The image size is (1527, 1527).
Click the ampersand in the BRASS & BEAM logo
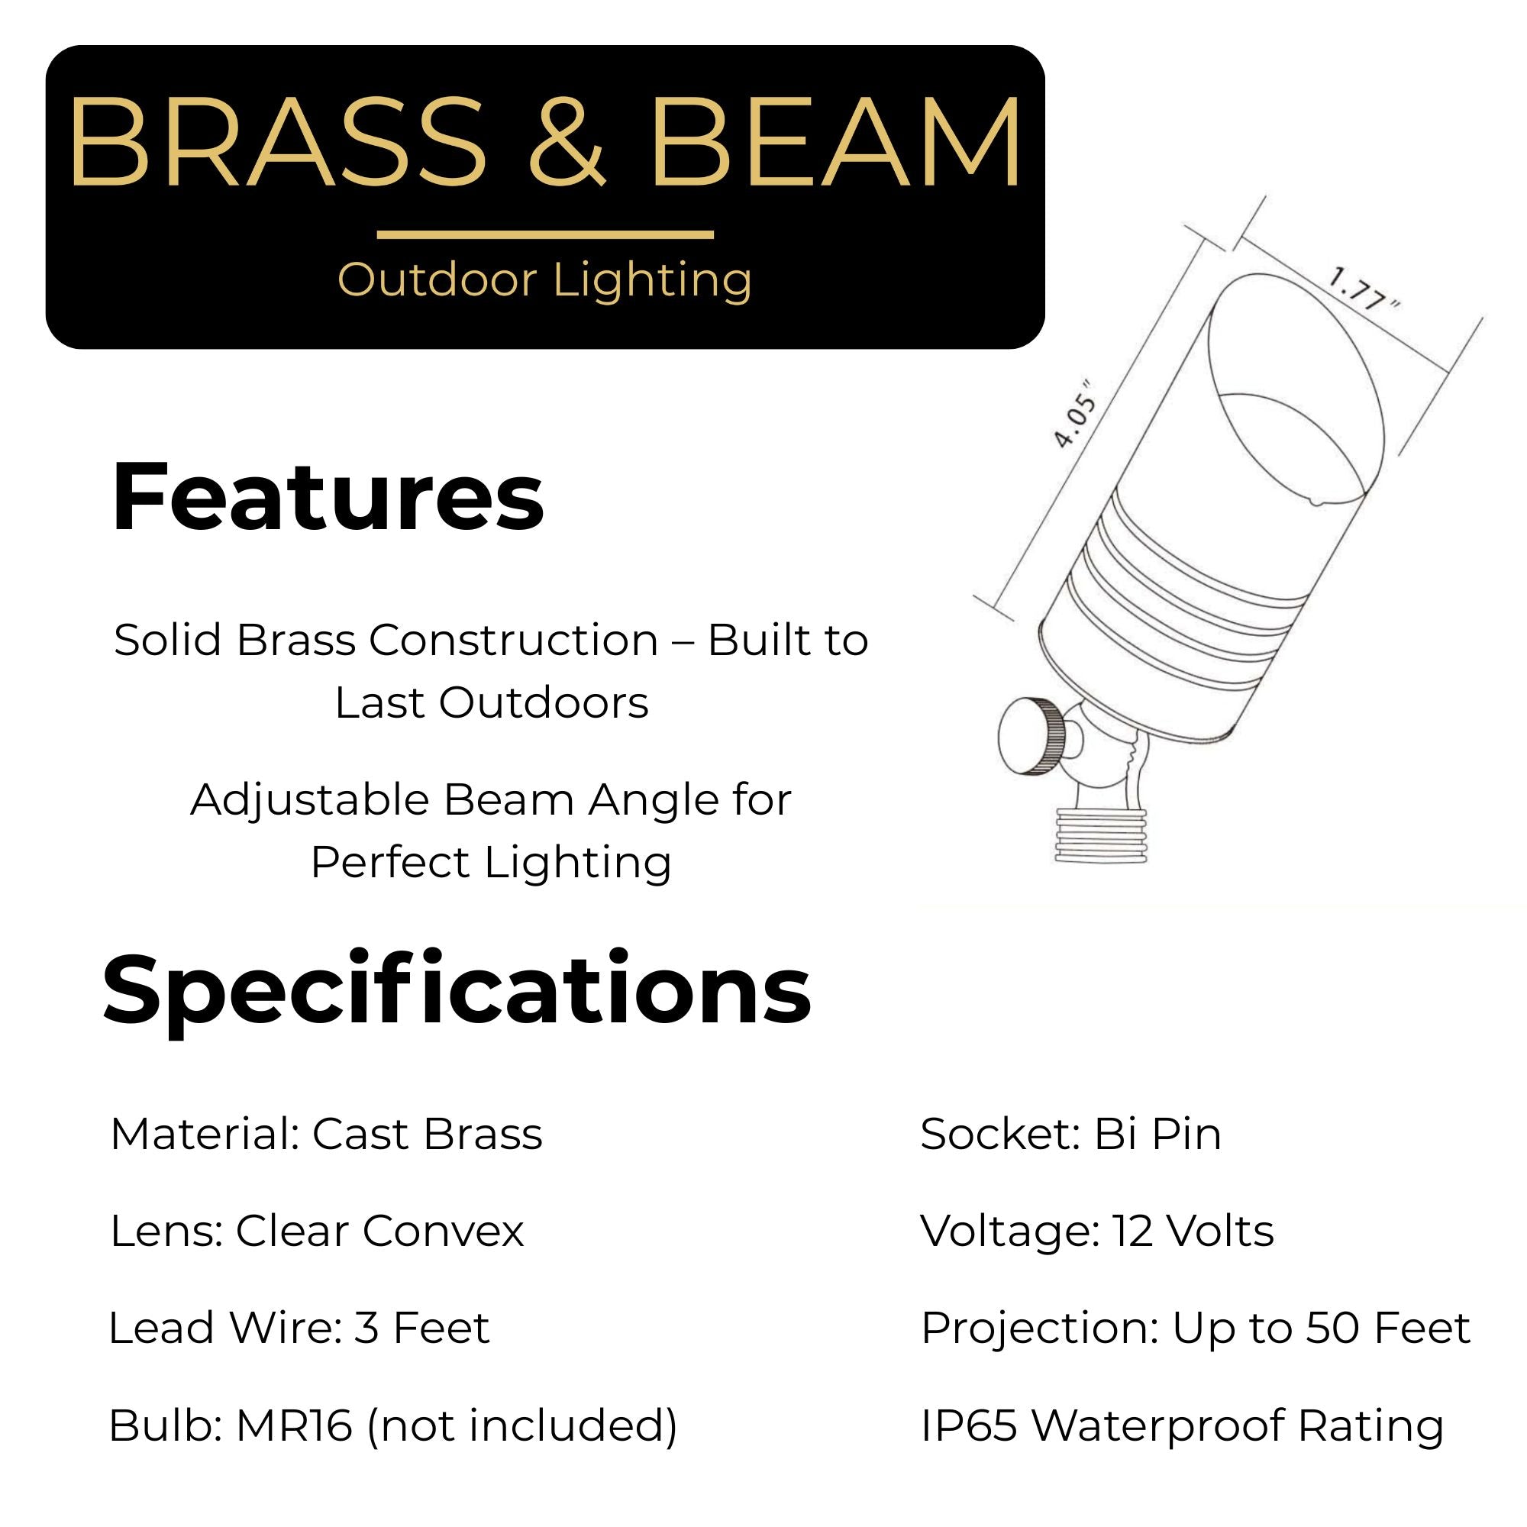tap(566, 142)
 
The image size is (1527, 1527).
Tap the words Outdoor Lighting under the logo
tap(544, 280)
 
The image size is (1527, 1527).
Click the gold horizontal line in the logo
tap(545, 234)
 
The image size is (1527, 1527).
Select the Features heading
tap(328, 496)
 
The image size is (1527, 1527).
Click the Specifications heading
tap(457, 989)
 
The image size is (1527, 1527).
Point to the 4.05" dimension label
tap(1075, 414)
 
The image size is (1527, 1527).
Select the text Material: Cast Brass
tap(327, 1135)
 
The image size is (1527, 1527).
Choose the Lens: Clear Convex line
tap(317, 1232)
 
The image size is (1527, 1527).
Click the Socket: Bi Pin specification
tap(1071, 1135)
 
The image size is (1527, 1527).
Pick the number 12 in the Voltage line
tap(1132, 1232)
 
